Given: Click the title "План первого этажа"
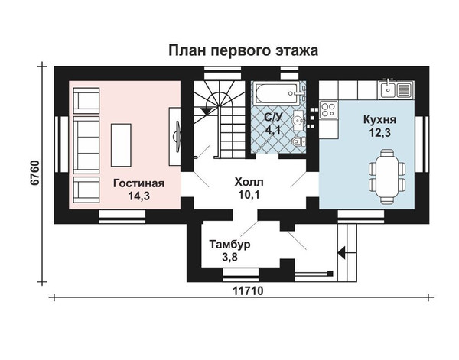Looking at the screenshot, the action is [x=243, y=50].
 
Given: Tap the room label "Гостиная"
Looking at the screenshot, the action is [x=138, y=183].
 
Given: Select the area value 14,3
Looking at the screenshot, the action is [x=138, y=196].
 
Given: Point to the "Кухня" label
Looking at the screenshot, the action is [x=379, y=119].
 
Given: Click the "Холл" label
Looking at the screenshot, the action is [x=249, y=182].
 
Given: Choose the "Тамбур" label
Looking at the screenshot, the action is [x=229, y=244].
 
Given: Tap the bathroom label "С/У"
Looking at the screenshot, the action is [x=273, y=117].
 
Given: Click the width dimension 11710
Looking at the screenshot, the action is [x=248, y=291].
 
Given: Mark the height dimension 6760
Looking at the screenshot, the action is [x=34, y=173].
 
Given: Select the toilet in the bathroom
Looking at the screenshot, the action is [x=298, y=142].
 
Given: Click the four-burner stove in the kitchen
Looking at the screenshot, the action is [x=328, y=109].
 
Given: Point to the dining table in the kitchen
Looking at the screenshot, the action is [x=387, y=177].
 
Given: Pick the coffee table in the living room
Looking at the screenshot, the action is [x=121, y=145].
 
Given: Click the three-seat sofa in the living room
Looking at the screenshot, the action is [x=86, y=145].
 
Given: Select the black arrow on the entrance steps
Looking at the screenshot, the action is [x=342, y=252].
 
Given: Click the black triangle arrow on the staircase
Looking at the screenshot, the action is [x=207, y=111].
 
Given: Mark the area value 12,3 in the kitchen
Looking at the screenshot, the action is [x=379, y=132].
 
